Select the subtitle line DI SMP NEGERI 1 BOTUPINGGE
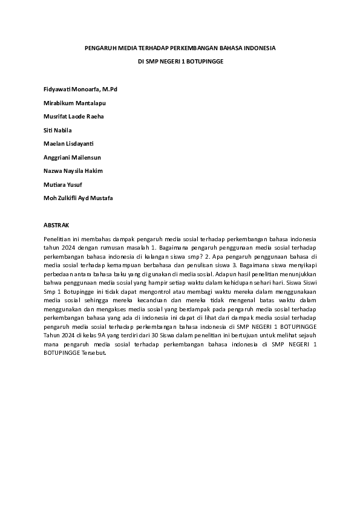pos(180,62)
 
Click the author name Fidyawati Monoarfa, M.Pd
pos(80,89)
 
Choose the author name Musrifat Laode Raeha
pos(74,117)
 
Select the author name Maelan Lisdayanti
pos(68,144)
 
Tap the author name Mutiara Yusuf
pos(63,184)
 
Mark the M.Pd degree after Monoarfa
pos(110,89)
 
